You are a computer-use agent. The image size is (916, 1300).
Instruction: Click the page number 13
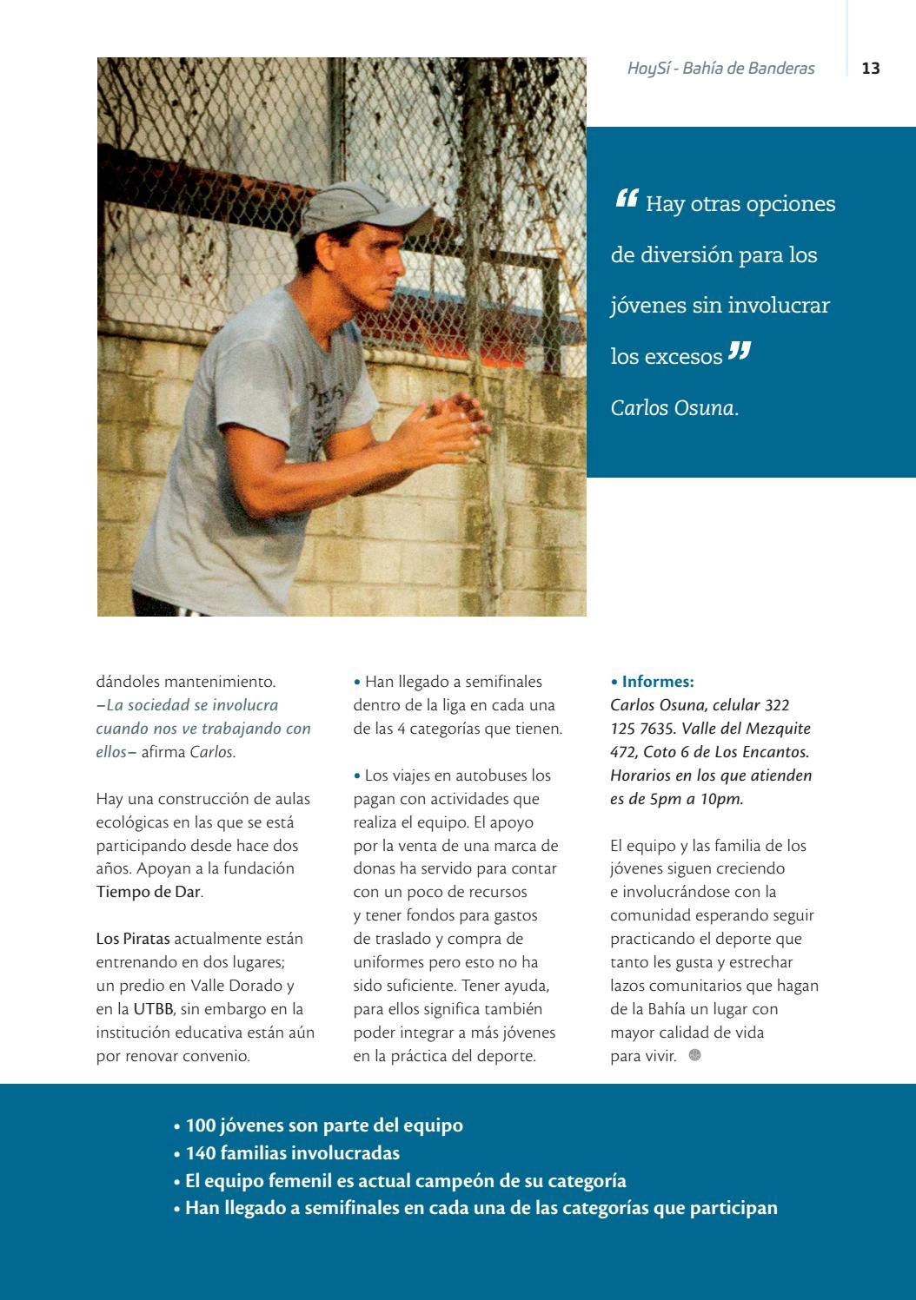[x=871, y=69]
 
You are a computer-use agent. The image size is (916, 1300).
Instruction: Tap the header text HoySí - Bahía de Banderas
[x=720, y=69]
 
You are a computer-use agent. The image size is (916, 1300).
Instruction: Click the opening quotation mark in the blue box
[x=627, y=200]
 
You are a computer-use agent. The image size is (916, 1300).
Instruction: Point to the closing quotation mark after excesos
[x=739, y=352]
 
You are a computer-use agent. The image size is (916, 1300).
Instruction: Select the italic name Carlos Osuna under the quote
[x=672, y=407]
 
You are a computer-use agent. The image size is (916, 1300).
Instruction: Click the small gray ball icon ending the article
[x=694, y=1055]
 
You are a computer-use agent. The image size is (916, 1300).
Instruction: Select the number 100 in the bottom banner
[x=201, y=1125]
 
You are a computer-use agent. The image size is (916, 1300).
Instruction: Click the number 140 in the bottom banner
[x=201, y=1153]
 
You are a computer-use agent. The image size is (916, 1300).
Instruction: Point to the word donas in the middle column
[x=375, y=868]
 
